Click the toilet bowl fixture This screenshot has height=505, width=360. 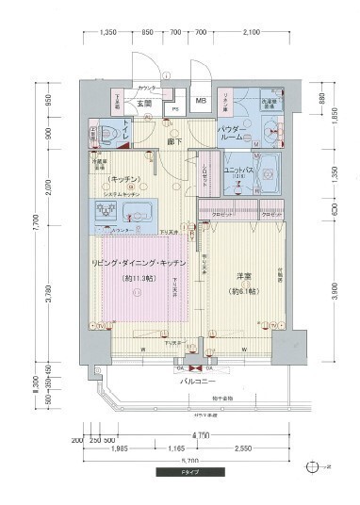point(107,131)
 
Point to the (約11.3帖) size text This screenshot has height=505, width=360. point(139,278)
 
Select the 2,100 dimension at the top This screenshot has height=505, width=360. point(251,32)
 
